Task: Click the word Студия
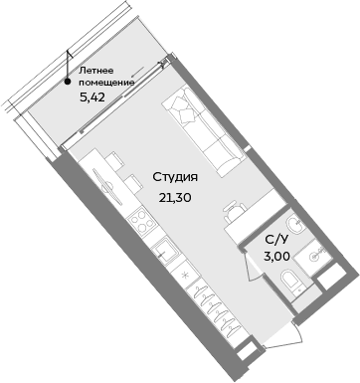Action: click(176, 177)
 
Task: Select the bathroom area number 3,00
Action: click(277, 256)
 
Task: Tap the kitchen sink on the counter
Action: click(161, 250)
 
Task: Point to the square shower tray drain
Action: click(317, 255)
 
